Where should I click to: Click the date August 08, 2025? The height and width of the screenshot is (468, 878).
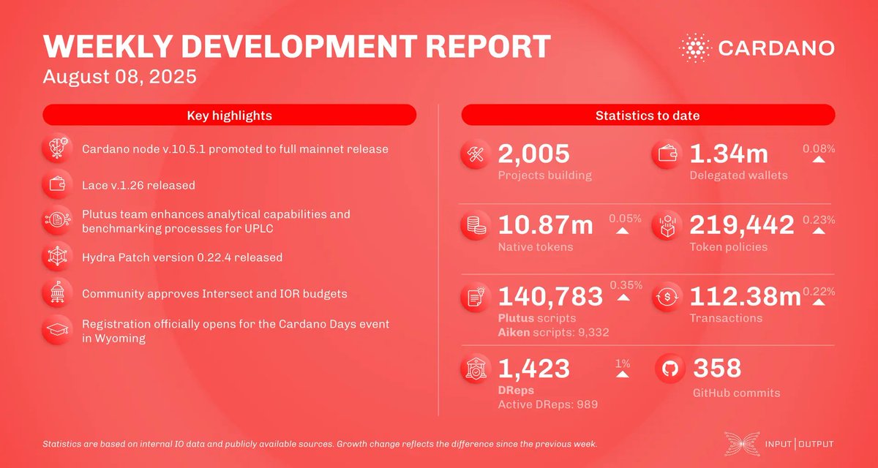(119, 76)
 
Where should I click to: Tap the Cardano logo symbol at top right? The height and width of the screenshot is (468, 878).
(694, 48)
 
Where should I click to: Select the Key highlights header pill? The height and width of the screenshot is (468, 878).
(229, 116)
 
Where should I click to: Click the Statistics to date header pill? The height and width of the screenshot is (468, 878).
(648, 116)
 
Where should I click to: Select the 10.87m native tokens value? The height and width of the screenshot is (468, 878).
(546, 226)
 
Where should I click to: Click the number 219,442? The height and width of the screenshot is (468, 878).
(742, 226)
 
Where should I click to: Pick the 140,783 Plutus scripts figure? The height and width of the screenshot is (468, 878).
(550, 296)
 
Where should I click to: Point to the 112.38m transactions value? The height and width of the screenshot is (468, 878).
(746, 296)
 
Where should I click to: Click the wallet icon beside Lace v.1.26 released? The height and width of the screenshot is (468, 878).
(57, 185)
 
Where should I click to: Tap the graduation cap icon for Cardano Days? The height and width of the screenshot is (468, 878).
(57, 330)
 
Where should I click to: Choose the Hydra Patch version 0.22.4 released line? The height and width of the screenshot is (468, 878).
(181, 257)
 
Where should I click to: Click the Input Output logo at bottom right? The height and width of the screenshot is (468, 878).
(778, 444)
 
